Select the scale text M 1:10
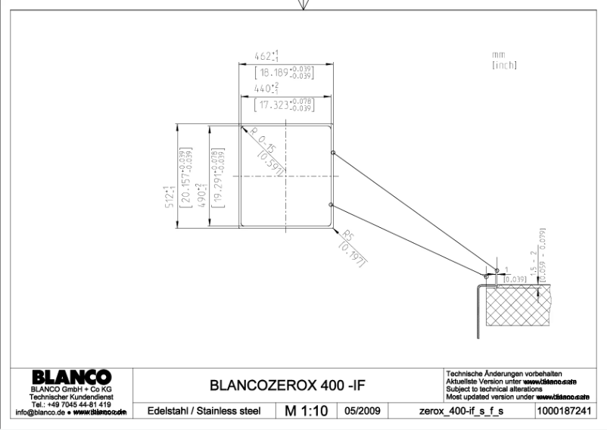click(304, 411)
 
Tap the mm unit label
click(497, 55)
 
